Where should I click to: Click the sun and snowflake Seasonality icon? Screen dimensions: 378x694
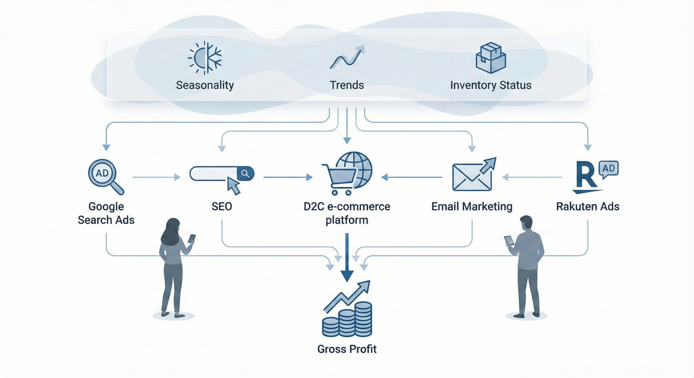pos(205,58)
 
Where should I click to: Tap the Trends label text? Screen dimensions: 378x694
pos(347,85)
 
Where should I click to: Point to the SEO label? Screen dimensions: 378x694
pos(222,206)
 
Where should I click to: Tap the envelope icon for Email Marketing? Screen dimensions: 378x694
pos(472,177)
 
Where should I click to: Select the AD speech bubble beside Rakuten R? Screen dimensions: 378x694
pos(608,169)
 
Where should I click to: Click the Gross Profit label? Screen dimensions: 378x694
pos(347,349)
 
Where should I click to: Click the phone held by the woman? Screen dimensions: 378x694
pos(192,238)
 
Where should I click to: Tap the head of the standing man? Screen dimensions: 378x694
pos(526,224)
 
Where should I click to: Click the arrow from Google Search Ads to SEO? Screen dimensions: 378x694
pos(156,177)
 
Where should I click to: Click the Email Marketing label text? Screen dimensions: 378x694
pos(472,206)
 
